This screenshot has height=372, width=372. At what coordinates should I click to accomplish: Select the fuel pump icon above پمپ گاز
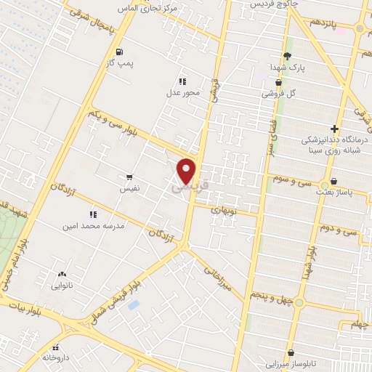119,52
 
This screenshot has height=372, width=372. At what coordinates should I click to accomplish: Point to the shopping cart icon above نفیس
129,176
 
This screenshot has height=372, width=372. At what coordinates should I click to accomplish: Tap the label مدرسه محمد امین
93,226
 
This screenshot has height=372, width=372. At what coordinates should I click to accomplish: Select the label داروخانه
57,357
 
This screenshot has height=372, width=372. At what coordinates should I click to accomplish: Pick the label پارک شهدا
286,67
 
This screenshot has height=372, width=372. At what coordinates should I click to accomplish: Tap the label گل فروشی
279,93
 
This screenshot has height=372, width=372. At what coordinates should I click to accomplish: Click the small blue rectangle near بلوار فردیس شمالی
133,304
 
